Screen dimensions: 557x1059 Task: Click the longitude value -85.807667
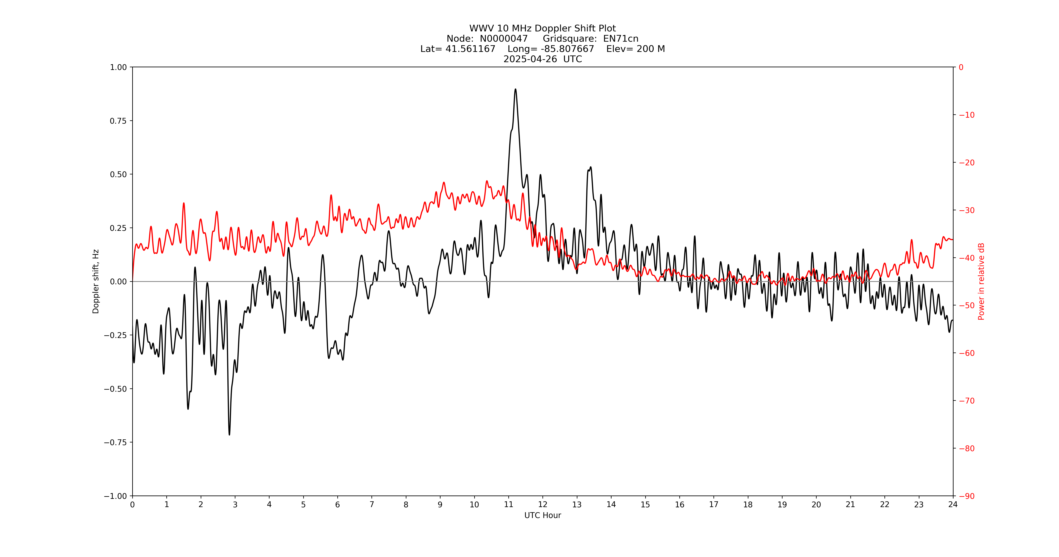(x=567, y=49)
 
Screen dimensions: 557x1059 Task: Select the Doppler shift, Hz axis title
(x=96, y=281)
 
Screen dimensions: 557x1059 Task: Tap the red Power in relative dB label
(x=981, y=281)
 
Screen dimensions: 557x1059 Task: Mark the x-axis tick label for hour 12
(x=543, y=504)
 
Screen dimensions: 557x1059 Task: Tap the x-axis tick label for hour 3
(x=235, y=504)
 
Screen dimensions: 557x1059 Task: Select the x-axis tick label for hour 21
(x=850, y=504)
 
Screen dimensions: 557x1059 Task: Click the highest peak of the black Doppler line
(x=515, y=89)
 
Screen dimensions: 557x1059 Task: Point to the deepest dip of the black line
(x=229, y=434)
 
